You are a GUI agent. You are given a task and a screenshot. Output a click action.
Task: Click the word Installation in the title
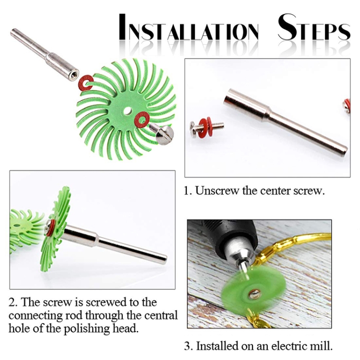[x=189, y=27]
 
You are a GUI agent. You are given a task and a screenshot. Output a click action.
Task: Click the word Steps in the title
[x=314, y=27]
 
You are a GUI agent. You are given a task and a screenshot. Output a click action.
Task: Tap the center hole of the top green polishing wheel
[x=127, y=111]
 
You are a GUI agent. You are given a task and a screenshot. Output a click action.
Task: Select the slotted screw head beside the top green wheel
[x=164, y=135]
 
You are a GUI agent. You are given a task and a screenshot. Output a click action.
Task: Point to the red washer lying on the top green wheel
[x=142, y=119]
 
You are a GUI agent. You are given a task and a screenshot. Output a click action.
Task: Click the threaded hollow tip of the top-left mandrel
[x=74, y=75]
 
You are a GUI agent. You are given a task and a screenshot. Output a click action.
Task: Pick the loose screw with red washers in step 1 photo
[x=206, y=127]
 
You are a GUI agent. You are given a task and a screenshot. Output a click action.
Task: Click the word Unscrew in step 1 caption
[x=217, y=191]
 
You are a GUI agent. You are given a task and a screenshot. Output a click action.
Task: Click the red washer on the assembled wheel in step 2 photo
[x=50, y=228]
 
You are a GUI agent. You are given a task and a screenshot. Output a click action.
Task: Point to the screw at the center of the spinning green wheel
[x=254, y=294]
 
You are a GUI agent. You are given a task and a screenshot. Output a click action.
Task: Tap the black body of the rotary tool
[x=228, y=232]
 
